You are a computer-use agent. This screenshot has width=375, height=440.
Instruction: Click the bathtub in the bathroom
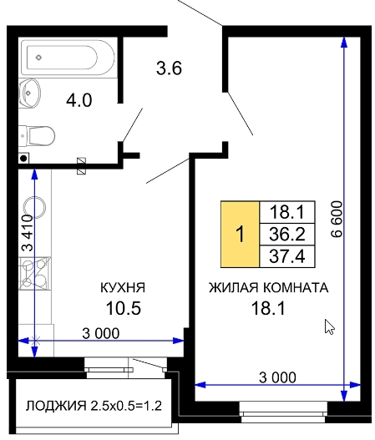pos(68,58)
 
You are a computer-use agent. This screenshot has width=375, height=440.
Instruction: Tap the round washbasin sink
pos(29,94)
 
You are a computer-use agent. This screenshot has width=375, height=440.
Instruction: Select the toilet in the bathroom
pos(37,136)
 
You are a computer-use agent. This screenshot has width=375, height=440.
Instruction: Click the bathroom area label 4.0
pos(79,100)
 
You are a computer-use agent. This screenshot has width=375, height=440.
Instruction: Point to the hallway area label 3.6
pos(169,68)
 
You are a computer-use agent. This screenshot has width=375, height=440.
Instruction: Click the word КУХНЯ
pos(123,288)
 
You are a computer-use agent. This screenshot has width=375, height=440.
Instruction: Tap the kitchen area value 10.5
pos(124,308)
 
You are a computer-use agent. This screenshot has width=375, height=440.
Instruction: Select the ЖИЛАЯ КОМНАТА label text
pos(269,287)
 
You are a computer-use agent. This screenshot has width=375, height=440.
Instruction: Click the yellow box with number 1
pos(241,235)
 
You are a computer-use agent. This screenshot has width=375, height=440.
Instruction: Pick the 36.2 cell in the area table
pos(287,235)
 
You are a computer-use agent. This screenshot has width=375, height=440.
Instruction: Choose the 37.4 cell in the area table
pos(287,256)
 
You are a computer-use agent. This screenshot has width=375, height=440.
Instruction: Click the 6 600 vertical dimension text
pos(337,219)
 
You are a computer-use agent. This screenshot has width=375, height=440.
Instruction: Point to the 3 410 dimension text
pos(28,233)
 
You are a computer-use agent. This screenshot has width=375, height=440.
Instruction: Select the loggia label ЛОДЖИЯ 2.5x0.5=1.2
pos(94,406)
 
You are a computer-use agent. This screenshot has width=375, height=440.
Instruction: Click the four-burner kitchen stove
pos(35,274)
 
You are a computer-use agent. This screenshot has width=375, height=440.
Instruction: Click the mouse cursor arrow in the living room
pos(330,326)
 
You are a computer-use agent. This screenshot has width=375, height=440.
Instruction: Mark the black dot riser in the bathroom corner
pos(24,159)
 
